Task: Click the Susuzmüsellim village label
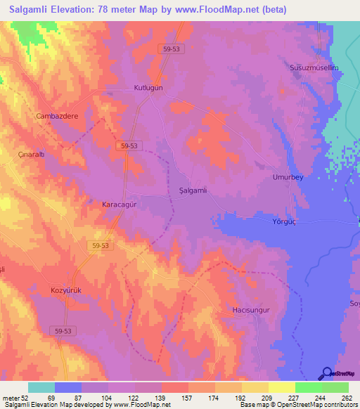314,67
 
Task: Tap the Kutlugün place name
148,88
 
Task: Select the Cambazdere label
57,115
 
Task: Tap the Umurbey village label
288,177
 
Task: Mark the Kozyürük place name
67,290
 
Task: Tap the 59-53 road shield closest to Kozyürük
60,330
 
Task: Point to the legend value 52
21,398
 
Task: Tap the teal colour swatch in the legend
41,387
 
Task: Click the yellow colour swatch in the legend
281,387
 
